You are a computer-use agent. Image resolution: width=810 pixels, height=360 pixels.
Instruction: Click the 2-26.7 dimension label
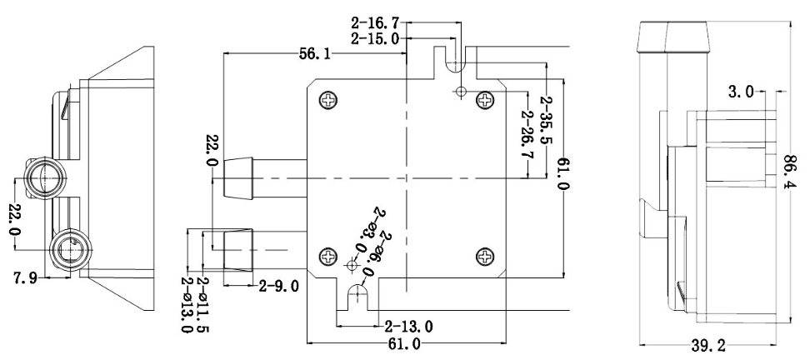[x=527, y=133]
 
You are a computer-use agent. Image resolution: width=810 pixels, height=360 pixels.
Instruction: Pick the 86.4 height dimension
[x=790, y=172]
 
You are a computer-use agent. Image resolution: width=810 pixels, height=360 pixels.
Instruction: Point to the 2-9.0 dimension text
[x=278, y=287]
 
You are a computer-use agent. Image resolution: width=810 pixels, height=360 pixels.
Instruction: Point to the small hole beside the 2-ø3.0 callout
[x=351, y=266]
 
